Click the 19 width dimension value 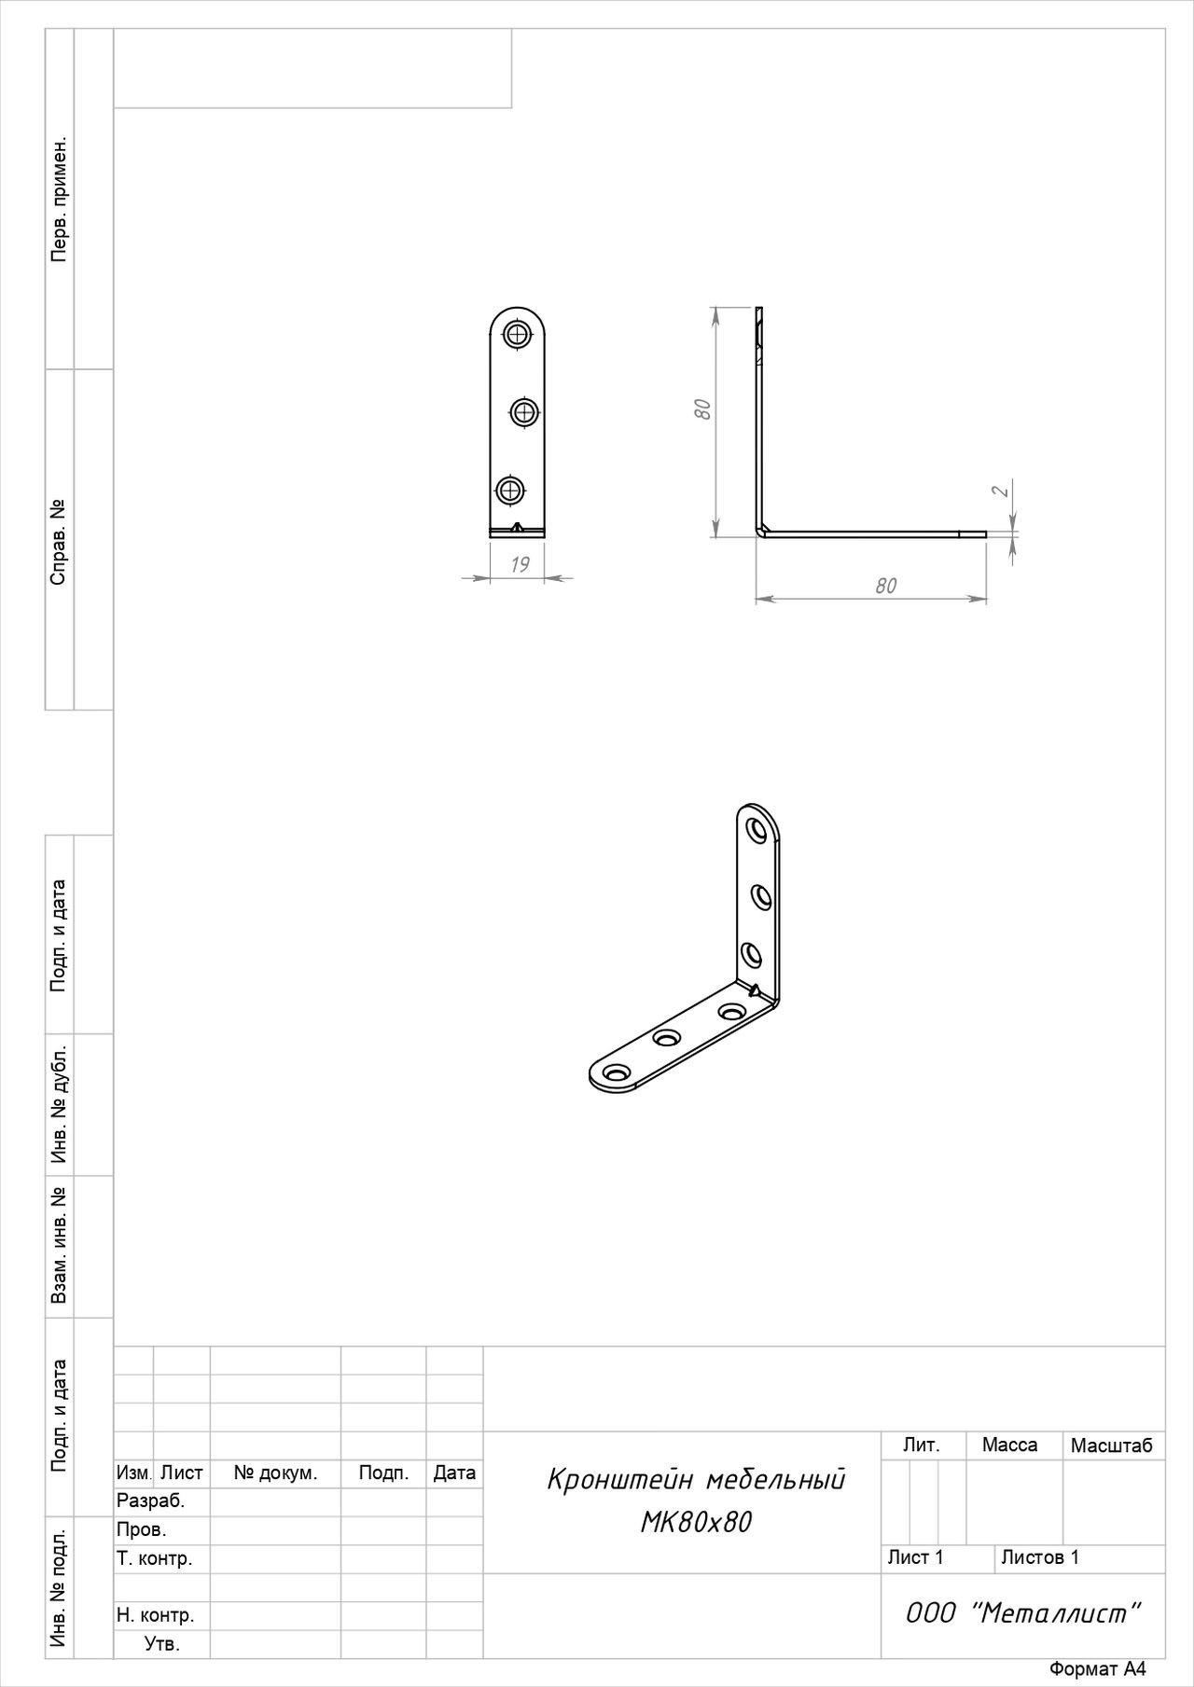(521, 564)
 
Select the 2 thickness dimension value (1000, 491)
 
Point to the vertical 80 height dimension (703, 408)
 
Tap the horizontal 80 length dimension (885, 586)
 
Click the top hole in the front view (517, 333)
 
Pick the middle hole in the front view (525, 411)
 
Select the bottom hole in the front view (509, 490)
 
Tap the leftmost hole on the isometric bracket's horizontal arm (615, 1073)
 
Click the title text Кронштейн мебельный (696, 1480)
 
